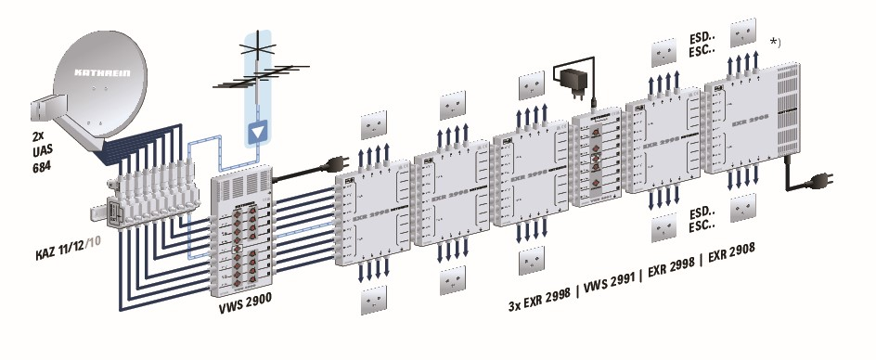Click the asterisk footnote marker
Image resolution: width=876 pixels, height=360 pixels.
click(x=777, y=42)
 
